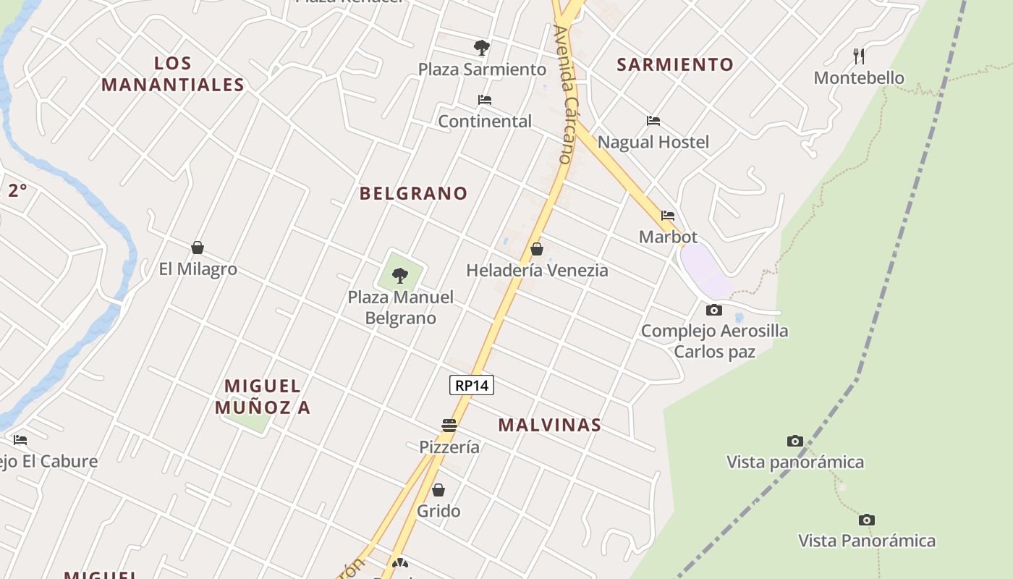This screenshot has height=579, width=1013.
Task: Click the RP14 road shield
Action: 472,385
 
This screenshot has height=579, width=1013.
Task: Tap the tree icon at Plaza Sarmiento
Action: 481,48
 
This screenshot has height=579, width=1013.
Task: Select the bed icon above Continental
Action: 485,100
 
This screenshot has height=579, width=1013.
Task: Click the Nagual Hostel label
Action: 653,142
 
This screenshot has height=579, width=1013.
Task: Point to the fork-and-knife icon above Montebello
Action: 859,56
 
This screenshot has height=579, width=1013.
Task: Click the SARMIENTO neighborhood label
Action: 675,64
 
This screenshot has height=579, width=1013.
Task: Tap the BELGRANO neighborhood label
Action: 413,193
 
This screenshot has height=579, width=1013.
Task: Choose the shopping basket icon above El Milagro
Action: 198,248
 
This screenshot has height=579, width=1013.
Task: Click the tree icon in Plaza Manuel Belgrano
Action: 399,276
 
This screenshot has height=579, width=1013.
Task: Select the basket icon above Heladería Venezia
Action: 537,250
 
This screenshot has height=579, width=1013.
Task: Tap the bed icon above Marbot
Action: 668,216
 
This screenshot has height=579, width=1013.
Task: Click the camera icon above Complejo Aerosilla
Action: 714,310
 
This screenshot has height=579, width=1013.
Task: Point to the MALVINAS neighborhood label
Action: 549,425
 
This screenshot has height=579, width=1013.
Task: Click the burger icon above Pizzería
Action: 449,425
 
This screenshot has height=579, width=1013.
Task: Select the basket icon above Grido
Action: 438,490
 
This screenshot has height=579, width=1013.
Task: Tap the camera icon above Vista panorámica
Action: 795,441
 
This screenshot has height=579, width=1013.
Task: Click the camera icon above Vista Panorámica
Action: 867,520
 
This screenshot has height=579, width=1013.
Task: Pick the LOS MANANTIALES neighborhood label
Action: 173,74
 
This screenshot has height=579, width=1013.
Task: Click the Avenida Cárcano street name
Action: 564,94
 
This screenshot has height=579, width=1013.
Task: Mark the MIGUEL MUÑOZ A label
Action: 263,397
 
